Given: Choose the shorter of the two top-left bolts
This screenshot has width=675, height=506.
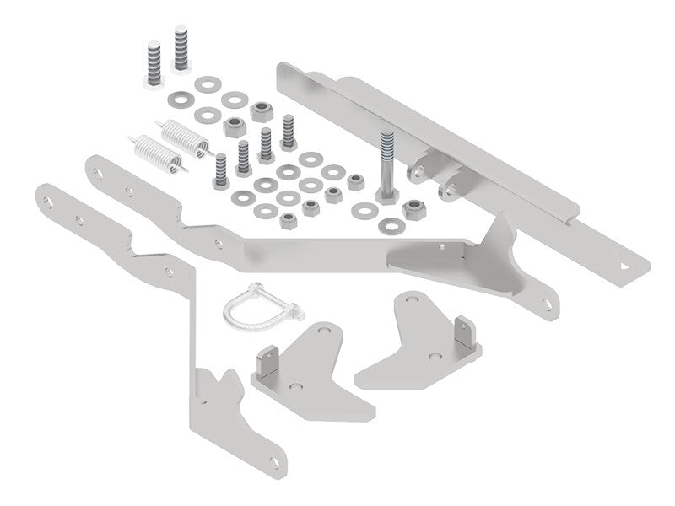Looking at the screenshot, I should [x=153, y=63].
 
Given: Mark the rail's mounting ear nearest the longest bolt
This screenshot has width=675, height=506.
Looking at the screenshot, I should [x=417, y=171].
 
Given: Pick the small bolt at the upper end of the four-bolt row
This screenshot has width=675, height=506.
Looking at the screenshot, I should [x=289, y=128].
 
